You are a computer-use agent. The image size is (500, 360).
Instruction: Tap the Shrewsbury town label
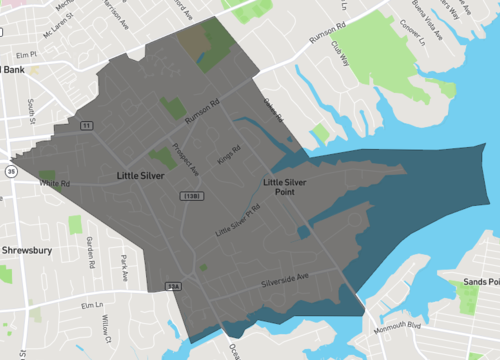(26, 250)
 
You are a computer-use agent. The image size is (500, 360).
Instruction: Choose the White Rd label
(54, 184)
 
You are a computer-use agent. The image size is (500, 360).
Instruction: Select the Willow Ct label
(106, 326)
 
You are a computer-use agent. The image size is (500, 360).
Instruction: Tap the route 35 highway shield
(10, 171)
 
